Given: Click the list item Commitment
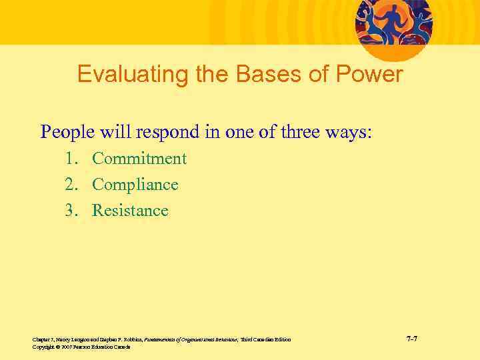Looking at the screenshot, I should tap(139, 159).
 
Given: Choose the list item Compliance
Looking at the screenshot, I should tap(135, 185).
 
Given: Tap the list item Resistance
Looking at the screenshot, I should tap(130, 211).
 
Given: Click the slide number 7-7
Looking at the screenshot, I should tap(412, 339).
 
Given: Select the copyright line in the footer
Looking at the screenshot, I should tap(81, 347).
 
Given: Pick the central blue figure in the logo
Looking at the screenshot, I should tap(393, 20).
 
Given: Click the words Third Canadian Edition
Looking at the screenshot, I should tap(266, 340).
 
